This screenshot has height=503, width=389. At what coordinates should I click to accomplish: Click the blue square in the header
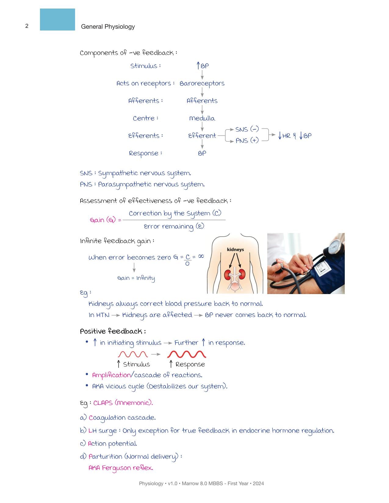pos(57,20)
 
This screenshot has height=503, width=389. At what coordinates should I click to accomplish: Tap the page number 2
pos(27,26)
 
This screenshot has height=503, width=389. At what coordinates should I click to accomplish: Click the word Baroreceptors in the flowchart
pos(202,84)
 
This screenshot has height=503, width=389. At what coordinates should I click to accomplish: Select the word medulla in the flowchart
pos(202,118)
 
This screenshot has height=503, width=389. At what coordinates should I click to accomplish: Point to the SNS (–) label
pos(247,129)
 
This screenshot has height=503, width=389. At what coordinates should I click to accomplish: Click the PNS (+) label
pos(247,141)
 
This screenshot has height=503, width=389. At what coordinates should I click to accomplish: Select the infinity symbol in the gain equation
pos(201,257)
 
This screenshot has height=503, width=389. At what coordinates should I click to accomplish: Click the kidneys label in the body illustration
pos(235,250)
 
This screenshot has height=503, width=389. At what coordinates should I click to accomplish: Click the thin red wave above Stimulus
pos(133,354)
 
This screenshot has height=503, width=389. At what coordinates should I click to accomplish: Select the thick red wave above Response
pos(186,354)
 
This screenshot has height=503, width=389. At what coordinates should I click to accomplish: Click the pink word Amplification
pos(111,375)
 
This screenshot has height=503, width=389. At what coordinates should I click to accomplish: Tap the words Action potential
pos(112,444)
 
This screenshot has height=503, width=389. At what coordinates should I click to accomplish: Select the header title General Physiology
pos(108,27)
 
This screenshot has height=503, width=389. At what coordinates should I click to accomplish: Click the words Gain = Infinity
pos(136,278)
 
